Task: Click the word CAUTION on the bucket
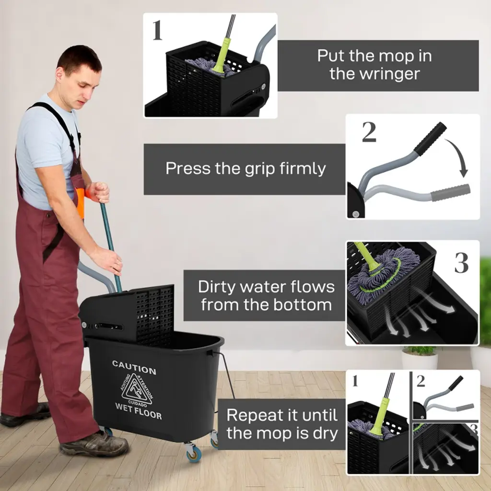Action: click(134, 367)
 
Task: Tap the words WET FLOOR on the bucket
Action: click(139, 411)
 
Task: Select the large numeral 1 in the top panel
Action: click(157, 30)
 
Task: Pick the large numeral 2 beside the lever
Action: click(369, 132)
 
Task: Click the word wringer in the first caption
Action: click(374, 74)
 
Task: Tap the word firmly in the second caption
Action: click(303, 168)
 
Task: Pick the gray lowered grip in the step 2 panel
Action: click(450, 192)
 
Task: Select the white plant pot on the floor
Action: click(420, 361)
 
